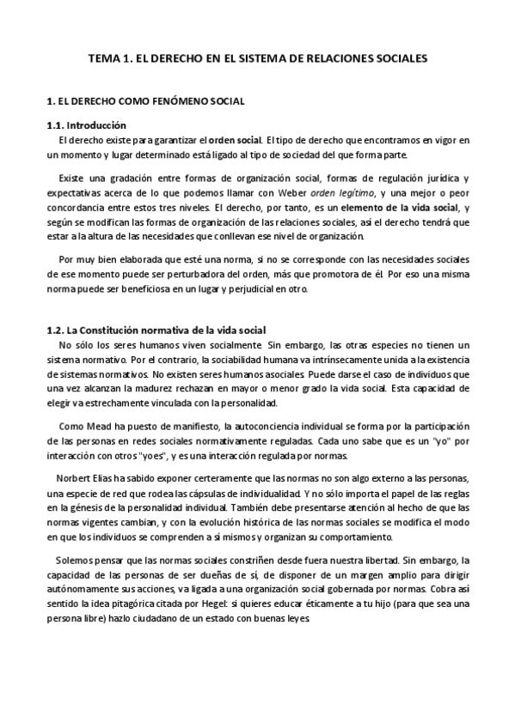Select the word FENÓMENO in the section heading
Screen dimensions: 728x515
[x=178, y=101]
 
